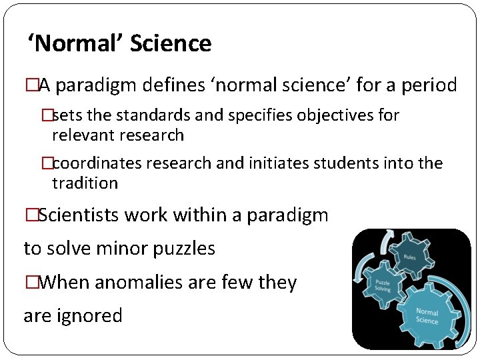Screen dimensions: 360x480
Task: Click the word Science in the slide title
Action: click(x=171, y=44)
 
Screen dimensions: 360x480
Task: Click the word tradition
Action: click(x=85, y=183)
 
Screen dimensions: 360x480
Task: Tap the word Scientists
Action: click(x=83, y=215)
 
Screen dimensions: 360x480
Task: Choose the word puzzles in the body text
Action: click(x=184, y=249)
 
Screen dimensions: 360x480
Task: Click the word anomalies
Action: click(x=133, y=283)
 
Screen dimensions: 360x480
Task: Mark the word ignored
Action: click(x=90, y=315)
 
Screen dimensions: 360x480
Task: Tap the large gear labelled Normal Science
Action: click(x=427, y=316)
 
